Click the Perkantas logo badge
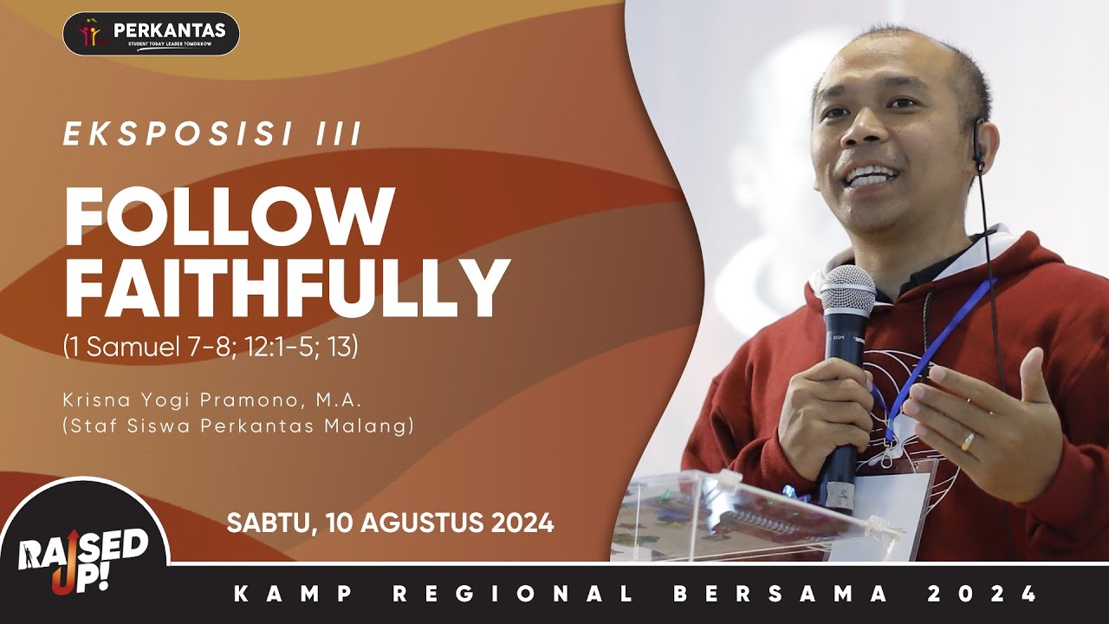pos(151,34)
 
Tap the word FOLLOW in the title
pos(230,217)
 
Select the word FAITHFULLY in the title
pos(286,289)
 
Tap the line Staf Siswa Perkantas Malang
pos(238,426)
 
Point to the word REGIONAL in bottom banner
pos(511,595)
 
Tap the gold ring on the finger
pos(968,441)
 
